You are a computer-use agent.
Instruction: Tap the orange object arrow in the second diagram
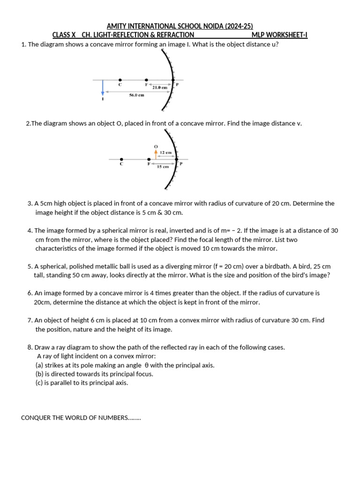[x=156, y=153]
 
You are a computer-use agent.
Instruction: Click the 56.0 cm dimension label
[x=136, y=95]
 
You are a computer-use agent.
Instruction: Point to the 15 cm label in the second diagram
[x=163, y=166]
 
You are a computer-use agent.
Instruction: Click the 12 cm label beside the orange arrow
[x=165, y=152]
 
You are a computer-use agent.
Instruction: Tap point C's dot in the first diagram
[x=120, y=80]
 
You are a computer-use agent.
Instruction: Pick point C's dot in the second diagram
[x=121, y=159]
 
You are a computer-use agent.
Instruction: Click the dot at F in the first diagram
[x=147, y=80]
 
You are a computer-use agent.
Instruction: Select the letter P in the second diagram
[x=181, y=164]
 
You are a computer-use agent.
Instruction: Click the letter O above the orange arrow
[x=156, y=147]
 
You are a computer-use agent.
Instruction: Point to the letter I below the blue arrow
[x=103, y=99]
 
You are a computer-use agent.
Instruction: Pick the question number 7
[x=30, y=320]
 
